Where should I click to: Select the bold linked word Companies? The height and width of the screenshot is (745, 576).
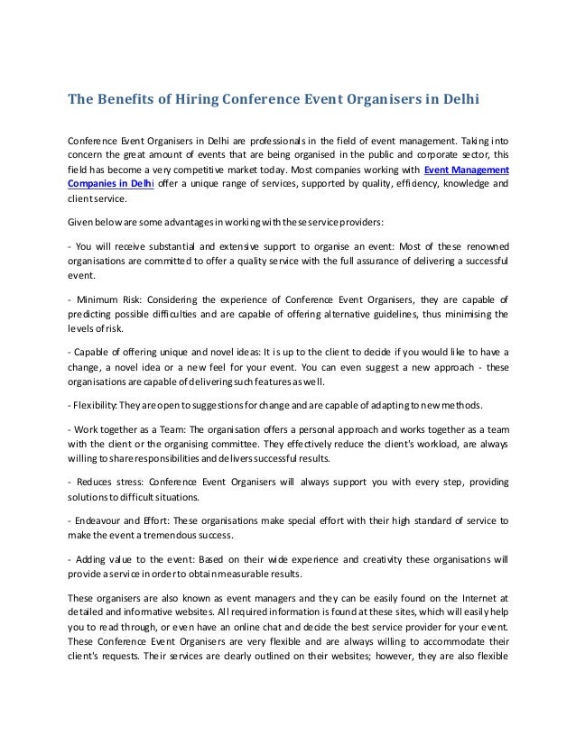tap(96, 184)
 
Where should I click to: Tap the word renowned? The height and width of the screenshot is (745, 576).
tap(478, 246)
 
